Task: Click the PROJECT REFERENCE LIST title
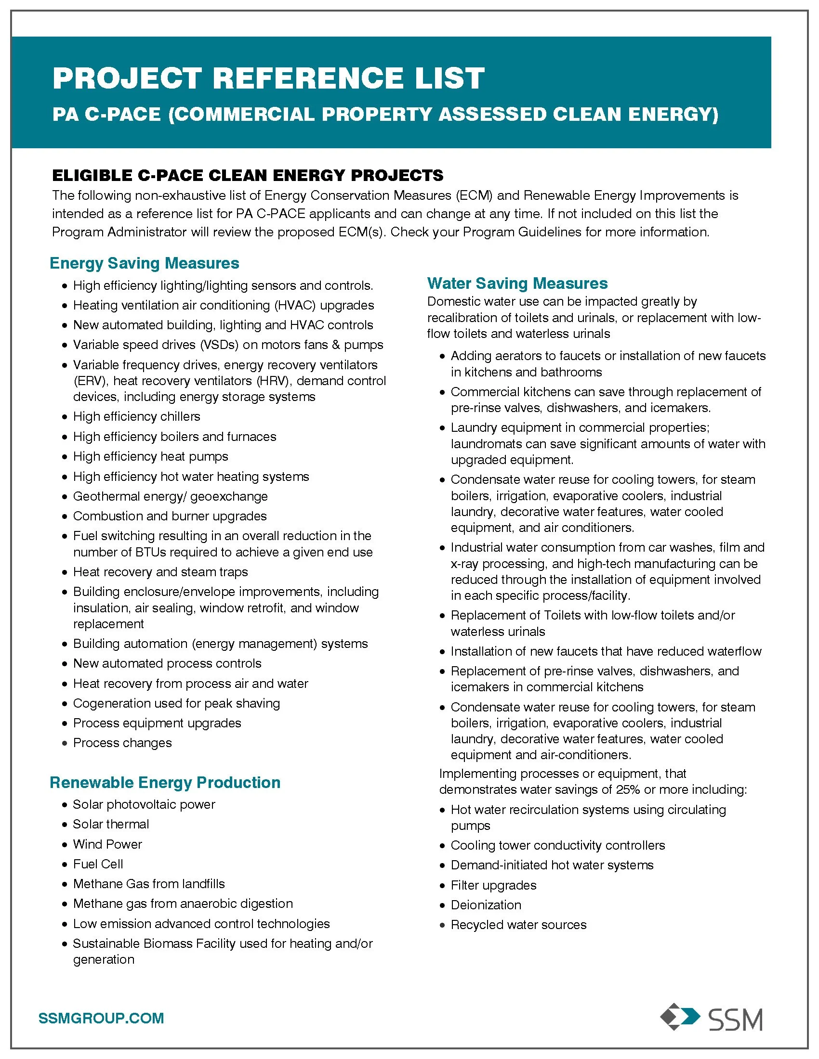[268, 78]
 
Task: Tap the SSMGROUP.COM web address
[101, 1018]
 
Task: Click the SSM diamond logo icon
[680, 1018]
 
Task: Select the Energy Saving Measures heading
[145, 263]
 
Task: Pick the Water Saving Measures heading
[517, 283]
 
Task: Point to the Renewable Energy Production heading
[165, 782]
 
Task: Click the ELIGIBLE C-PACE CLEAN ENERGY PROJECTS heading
[248, 175]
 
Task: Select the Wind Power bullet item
[107, 844]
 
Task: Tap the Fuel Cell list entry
[98, 864]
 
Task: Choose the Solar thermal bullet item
[111, 824]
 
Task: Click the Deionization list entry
[486, 905]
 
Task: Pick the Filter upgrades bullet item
[493, 885]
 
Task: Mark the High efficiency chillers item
[136, 416]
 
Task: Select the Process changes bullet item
[122, 743]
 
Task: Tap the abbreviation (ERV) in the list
[90, 381]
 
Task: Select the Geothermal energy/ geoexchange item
[170, 497]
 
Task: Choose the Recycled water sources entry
[519, 925]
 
